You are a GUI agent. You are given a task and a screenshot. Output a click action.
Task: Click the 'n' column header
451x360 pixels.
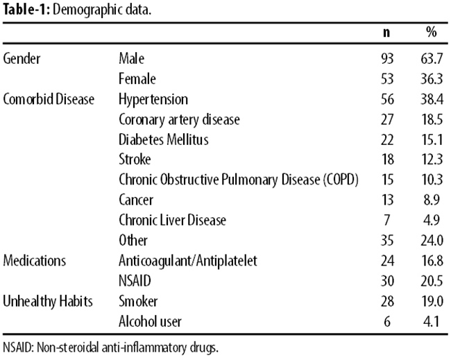coord(387,33)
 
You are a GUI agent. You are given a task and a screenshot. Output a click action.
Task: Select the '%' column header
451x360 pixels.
coord(432,32)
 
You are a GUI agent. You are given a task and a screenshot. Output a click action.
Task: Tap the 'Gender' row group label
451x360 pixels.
coord(22,59)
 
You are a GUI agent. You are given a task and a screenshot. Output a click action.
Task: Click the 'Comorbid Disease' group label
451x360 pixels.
coord(49,99)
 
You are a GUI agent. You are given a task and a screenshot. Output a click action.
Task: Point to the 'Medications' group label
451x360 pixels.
coord(35,261)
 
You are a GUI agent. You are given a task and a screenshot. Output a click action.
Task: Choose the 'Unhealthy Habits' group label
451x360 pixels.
coord(48,302)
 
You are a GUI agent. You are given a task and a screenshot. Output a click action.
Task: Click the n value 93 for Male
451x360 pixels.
coord(387,59)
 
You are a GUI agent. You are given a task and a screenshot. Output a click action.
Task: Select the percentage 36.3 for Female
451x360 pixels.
coord(432,79)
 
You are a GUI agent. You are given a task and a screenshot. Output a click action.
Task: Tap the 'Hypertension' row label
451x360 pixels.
coord(153,100)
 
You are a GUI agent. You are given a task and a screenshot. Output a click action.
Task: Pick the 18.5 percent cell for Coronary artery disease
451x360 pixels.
coord(432,119)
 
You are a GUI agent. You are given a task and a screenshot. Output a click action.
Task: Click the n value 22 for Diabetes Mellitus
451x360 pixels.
coord(387,140)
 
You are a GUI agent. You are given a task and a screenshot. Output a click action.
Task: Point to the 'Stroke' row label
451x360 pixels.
coord(135,160)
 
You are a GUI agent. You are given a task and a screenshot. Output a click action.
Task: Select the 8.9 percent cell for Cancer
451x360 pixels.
coord(432,200)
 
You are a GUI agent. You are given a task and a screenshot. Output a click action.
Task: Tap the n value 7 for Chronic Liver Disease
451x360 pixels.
coord(387,221)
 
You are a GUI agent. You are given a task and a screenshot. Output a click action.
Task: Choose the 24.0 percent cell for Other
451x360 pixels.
coord(432,241)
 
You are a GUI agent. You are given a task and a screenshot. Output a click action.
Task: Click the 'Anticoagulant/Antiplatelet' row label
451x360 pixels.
coord(188,261)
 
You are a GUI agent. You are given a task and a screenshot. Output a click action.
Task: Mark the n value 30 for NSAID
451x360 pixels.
coord(387,281)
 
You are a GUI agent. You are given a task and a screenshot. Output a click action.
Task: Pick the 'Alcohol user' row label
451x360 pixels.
coord(150,321)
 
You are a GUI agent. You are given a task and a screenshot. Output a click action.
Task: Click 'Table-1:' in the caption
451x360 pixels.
coord(27,10)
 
